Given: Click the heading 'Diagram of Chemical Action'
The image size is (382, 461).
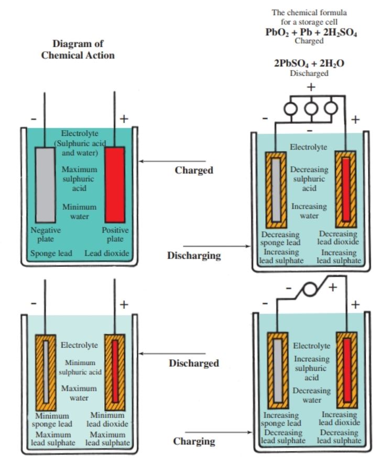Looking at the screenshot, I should point(78,49).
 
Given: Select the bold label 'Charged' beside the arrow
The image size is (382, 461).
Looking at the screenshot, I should point(193,170).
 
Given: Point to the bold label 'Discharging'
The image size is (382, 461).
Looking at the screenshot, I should point(193,256).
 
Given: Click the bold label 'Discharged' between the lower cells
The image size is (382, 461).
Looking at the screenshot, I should point(193,363).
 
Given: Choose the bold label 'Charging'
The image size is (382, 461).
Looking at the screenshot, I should point(194,441).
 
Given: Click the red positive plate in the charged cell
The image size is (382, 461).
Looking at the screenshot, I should point(115,185).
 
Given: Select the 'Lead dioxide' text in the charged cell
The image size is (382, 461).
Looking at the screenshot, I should point(107,254).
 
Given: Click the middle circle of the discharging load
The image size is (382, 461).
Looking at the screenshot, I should point(310,108).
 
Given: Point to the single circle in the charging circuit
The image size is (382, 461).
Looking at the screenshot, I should point(310,289).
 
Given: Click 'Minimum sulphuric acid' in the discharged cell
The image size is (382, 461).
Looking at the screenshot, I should point(80,367).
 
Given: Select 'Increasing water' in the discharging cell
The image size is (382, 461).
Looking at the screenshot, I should point(309,211).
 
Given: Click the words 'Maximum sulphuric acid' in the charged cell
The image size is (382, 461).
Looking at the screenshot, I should point(79,179).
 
